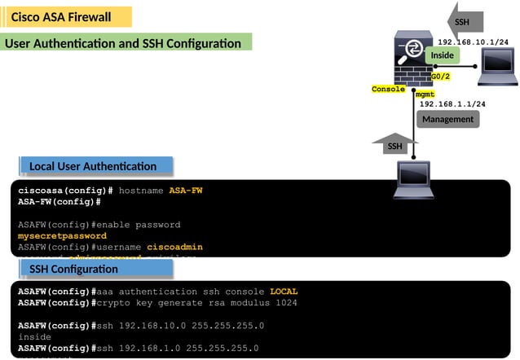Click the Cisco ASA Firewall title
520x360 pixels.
click(x=61, y=17)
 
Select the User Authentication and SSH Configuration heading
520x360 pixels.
click(x=123, y=43)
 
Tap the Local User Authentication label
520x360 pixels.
click(x=93, y=166)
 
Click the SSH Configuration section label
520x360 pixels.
click(x=73, y=269)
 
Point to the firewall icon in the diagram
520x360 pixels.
click(x=413, y=59)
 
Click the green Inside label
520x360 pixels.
click(x=442, y=55)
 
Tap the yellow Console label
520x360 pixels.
click(x=389, y=90)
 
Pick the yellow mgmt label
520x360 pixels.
click(x=425, y=94)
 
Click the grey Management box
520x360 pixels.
click(x=447, y=119)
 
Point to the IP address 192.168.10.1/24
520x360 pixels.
click(x=474, y=42)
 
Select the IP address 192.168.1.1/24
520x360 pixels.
click(x=452, y=104)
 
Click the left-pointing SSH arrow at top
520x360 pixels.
click(x=466, y=21)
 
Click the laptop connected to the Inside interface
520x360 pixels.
click(x=496, y=67)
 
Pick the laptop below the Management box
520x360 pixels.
click(x=414, y=180)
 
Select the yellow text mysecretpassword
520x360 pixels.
click(x=62, y=236)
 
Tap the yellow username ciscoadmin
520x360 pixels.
click(x=174, y=247)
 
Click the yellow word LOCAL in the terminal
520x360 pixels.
click(x=284, y=292)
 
